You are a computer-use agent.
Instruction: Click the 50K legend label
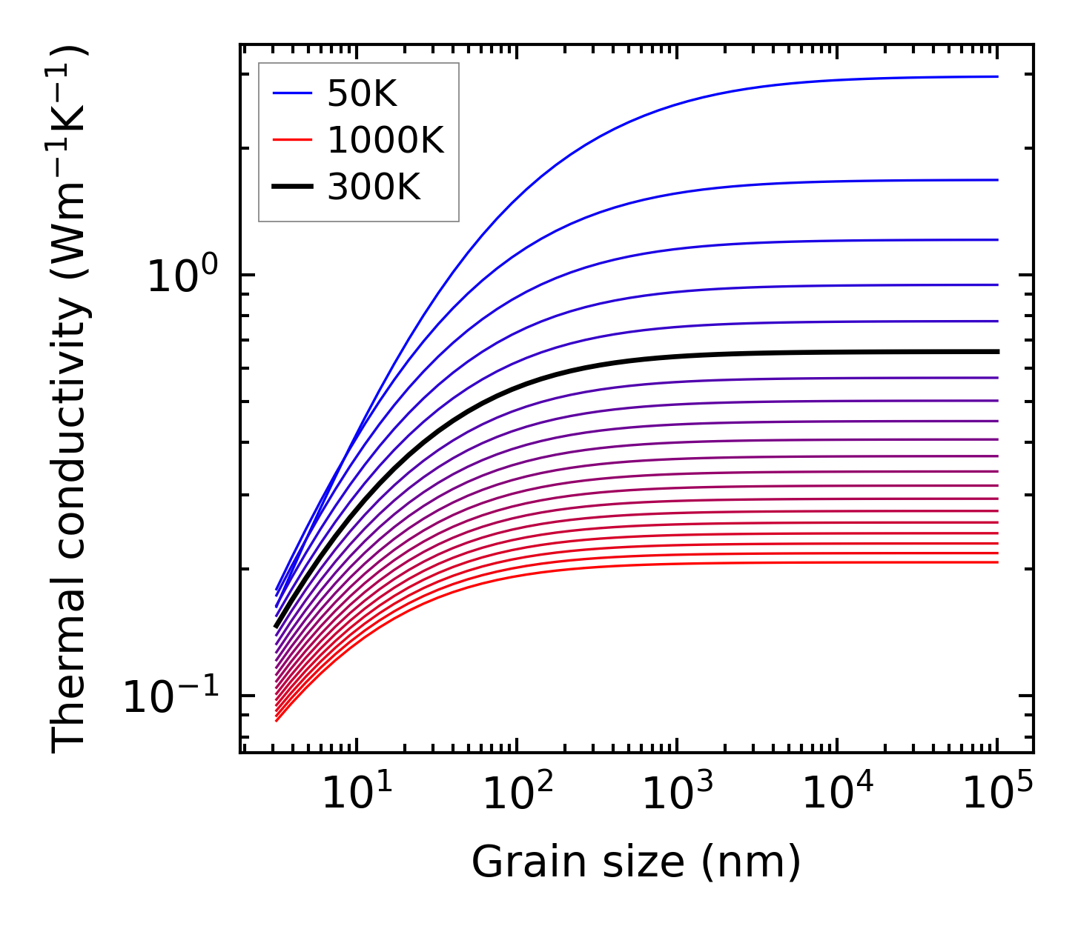(362, 94)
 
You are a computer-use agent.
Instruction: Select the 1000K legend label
(385, 140)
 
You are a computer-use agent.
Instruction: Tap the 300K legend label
(374, 187)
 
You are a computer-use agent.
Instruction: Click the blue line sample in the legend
(294, 93)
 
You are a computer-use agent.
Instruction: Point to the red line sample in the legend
(294, 139)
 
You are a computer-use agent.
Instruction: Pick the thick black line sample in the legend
(294, 186)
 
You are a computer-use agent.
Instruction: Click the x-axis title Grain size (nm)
(636, 862)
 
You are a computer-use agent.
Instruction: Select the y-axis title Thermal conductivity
(70, 400)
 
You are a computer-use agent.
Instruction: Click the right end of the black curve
(996, 351)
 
